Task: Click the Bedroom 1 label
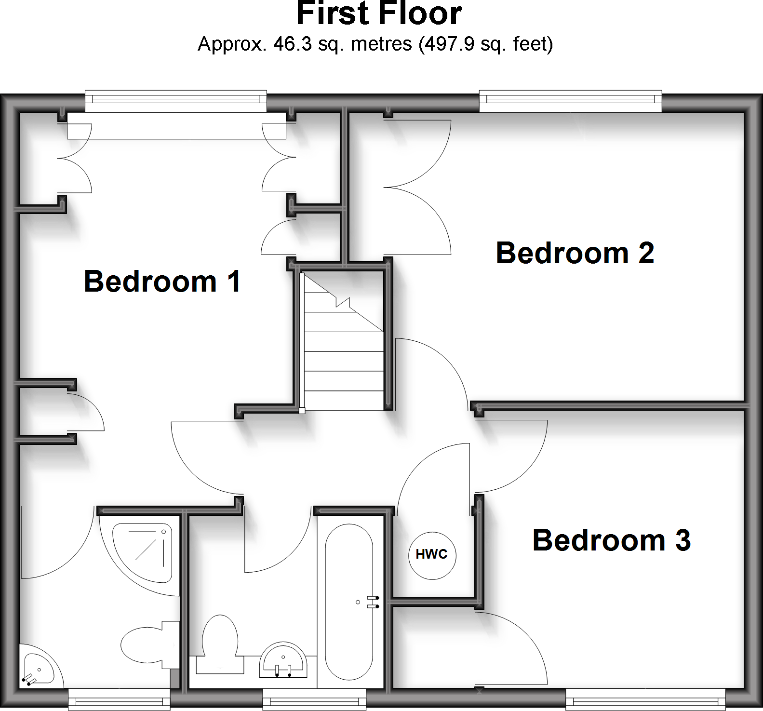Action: click(162, 282)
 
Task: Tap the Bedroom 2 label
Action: click(575, 253)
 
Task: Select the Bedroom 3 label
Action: click(611, 540)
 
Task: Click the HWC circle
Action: click(432, 555)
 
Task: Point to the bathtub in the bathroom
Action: click(349, 603)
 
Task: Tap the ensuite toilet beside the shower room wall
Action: click(147, 644)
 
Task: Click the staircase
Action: click(343, 347)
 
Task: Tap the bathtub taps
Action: click(373, 602)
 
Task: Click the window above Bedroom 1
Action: click(176, 100)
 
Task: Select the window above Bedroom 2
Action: click(570, 100)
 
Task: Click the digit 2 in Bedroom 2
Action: click(646, 253)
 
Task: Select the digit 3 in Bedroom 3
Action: click(683, 540)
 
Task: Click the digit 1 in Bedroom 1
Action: click(234, 282)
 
